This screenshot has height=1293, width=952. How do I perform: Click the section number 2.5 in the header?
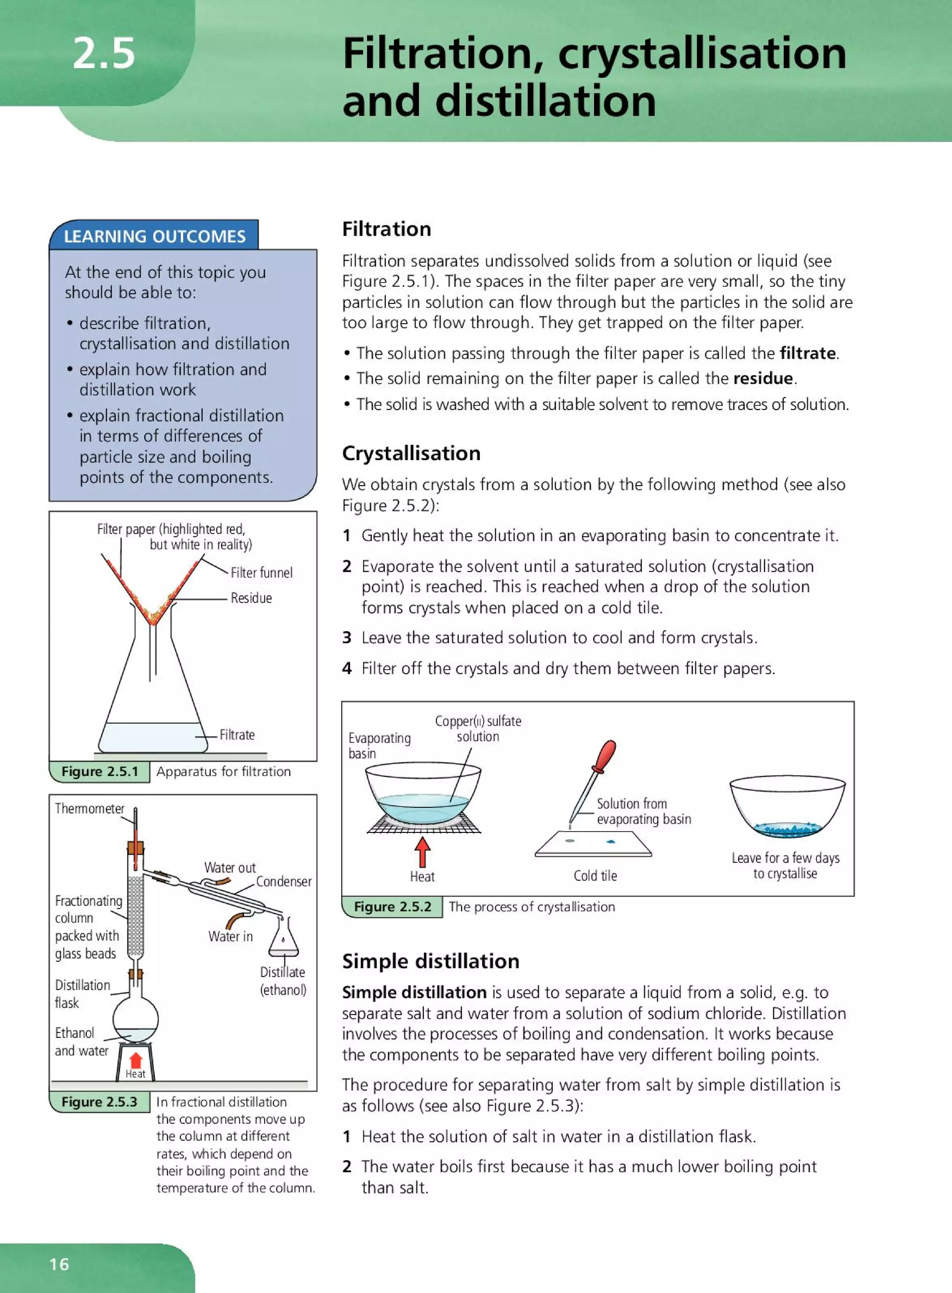point(104,53)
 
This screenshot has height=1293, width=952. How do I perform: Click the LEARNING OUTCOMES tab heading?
point(154,236)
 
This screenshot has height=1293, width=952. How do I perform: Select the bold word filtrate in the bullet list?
point(807,353)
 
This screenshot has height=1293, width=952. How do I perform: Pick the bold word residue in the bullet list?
point(763,379)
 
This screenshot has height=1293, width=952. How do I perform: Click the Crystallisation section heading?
point(411,454)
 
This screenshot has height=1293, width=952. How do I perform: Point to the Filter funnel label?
point(262,573)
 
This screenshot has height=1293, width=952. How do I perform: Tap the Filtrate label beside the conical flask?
point(237,735)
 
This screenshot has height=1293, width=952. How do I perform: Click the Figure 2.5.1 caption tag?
point(99,772)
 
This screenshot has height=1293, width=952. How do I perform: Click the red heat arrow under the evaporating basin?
point(423,851)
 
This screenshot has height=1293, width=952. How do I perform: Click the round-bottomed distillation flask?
point(135,1020)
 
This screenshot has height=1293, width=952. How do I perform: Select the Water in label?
point(231,937)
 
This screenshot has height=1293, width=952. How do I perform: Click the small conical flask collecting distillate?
point(283,940)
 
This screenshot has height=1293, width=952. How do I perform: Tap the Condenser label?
point(284,882)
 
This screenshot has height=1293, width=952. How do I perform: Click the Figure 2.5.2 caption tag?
point(392,906)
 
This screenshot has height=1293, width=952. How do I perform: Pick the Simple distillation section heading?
point(430,961)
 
